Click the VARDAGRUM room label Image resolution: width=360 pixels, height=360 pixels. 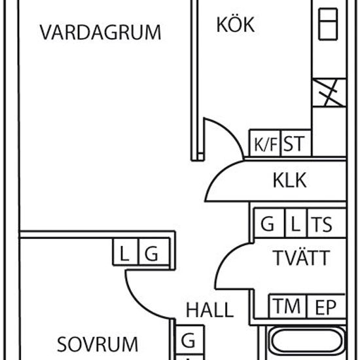point(100,32)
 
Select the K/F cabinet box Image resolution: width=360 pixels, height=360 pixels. point(265,143)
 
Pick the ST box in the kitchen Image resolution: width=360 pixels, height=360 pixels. point(296,143)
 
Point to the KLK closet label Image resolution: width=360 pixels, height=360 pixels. point(290,180)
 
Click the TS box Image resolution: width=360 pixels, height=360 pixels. point(327,223)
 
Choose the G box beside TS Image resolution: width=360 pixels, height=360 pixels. point(269,223)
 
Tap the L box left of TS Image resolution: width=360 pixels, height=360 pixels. point(296,223)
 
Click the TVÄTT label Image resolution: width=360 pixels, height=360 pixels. point(301,258)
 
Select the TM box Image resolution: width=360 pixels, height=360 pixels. point(287,306)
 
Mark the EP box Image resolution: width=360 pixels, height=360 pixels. point(326,306)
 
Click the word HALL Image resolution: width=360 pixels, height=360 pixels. point(209,310)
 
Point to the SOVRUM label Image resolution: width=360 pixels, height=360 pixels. point(98,344)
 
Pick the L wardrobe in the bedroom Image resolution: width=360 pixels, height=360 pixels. point(126,252)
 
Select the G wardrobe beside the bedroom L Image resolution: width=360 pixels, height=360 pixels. point(154,252)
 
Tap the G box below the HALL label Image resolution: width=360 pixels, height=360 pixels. point(190,340)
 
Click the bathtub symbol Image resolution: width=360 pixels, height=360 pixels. point(307,342)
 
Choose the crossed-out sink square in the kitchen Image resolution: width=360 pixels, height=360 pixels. point(329,92)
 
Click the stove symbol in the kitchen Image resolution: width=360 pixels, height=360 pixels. point(328,24)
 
